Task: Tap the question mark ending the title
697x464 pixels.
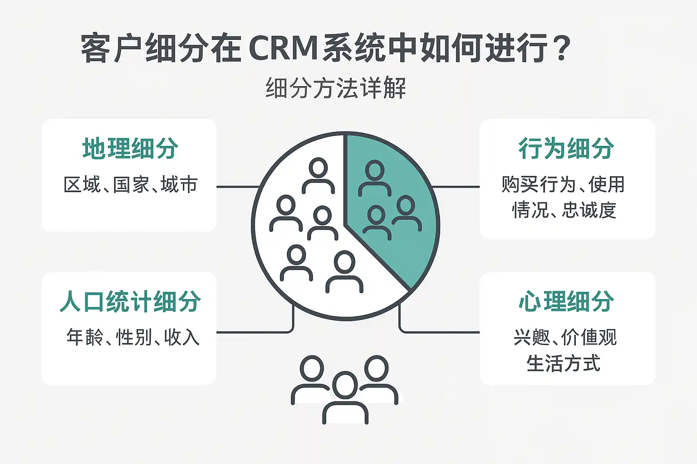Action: point(562,48)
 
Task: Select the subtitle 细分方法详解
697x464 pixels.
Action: point(335,88)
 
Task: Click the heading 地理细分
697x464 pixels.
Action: point(130,149)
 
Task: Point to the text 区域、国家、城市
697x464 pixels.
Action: point(130,185)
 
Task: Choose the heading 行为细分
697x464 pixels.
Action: point(566,149)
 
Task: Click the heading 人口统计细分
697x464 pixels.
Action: point(130,302)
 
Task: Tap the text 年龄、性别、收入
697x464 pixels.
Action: point(133,338)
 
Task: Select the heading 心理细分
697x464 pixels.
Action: point(566,302)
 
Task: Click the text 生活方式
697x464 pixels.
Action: point(563,363)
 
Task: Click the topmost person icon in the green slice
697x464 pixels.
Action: point(374,178)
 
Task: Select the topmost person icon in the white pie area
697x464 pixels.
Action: point(318,175)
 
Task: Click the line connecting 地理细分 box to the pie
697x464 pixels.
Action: point(237,186)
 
